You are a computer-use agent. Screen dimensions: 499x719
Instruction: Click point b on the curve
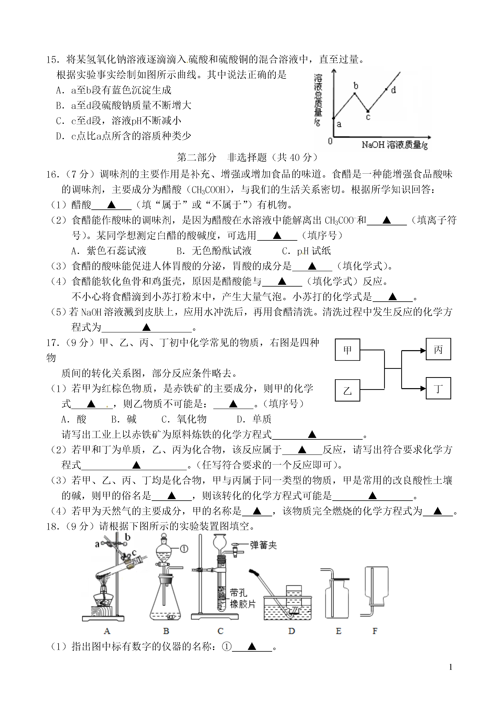pos(355,93)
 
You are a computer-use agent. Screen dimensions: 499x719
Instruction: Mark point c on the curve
pos(368,111)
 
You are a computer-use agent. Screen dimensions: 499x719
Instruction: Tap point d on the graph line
pos(386,89)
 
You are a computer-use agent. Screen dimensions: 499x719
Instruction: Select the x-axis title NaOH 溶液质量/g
pos(395,145)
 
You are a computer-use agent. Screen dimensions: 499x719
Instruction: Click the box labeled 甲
pos(347,350)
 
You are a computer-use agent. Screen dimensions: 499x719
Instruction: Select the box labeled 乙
pos(347,390)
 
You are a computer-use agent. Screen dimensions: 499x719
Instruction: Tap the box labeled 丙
pos(438,349)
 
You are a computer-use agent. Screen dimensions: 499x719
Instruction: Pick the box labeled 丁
pos(438,388)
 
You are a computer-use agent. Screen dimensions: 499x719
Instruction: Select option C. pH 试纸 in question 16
pos(306,251)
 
